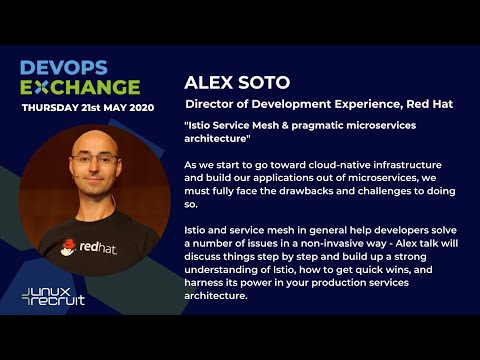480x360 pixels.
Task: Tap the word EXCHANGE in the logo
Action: click(81, 86)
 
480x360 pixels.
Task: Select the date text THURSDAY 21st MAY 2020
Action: click(87, 106)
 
